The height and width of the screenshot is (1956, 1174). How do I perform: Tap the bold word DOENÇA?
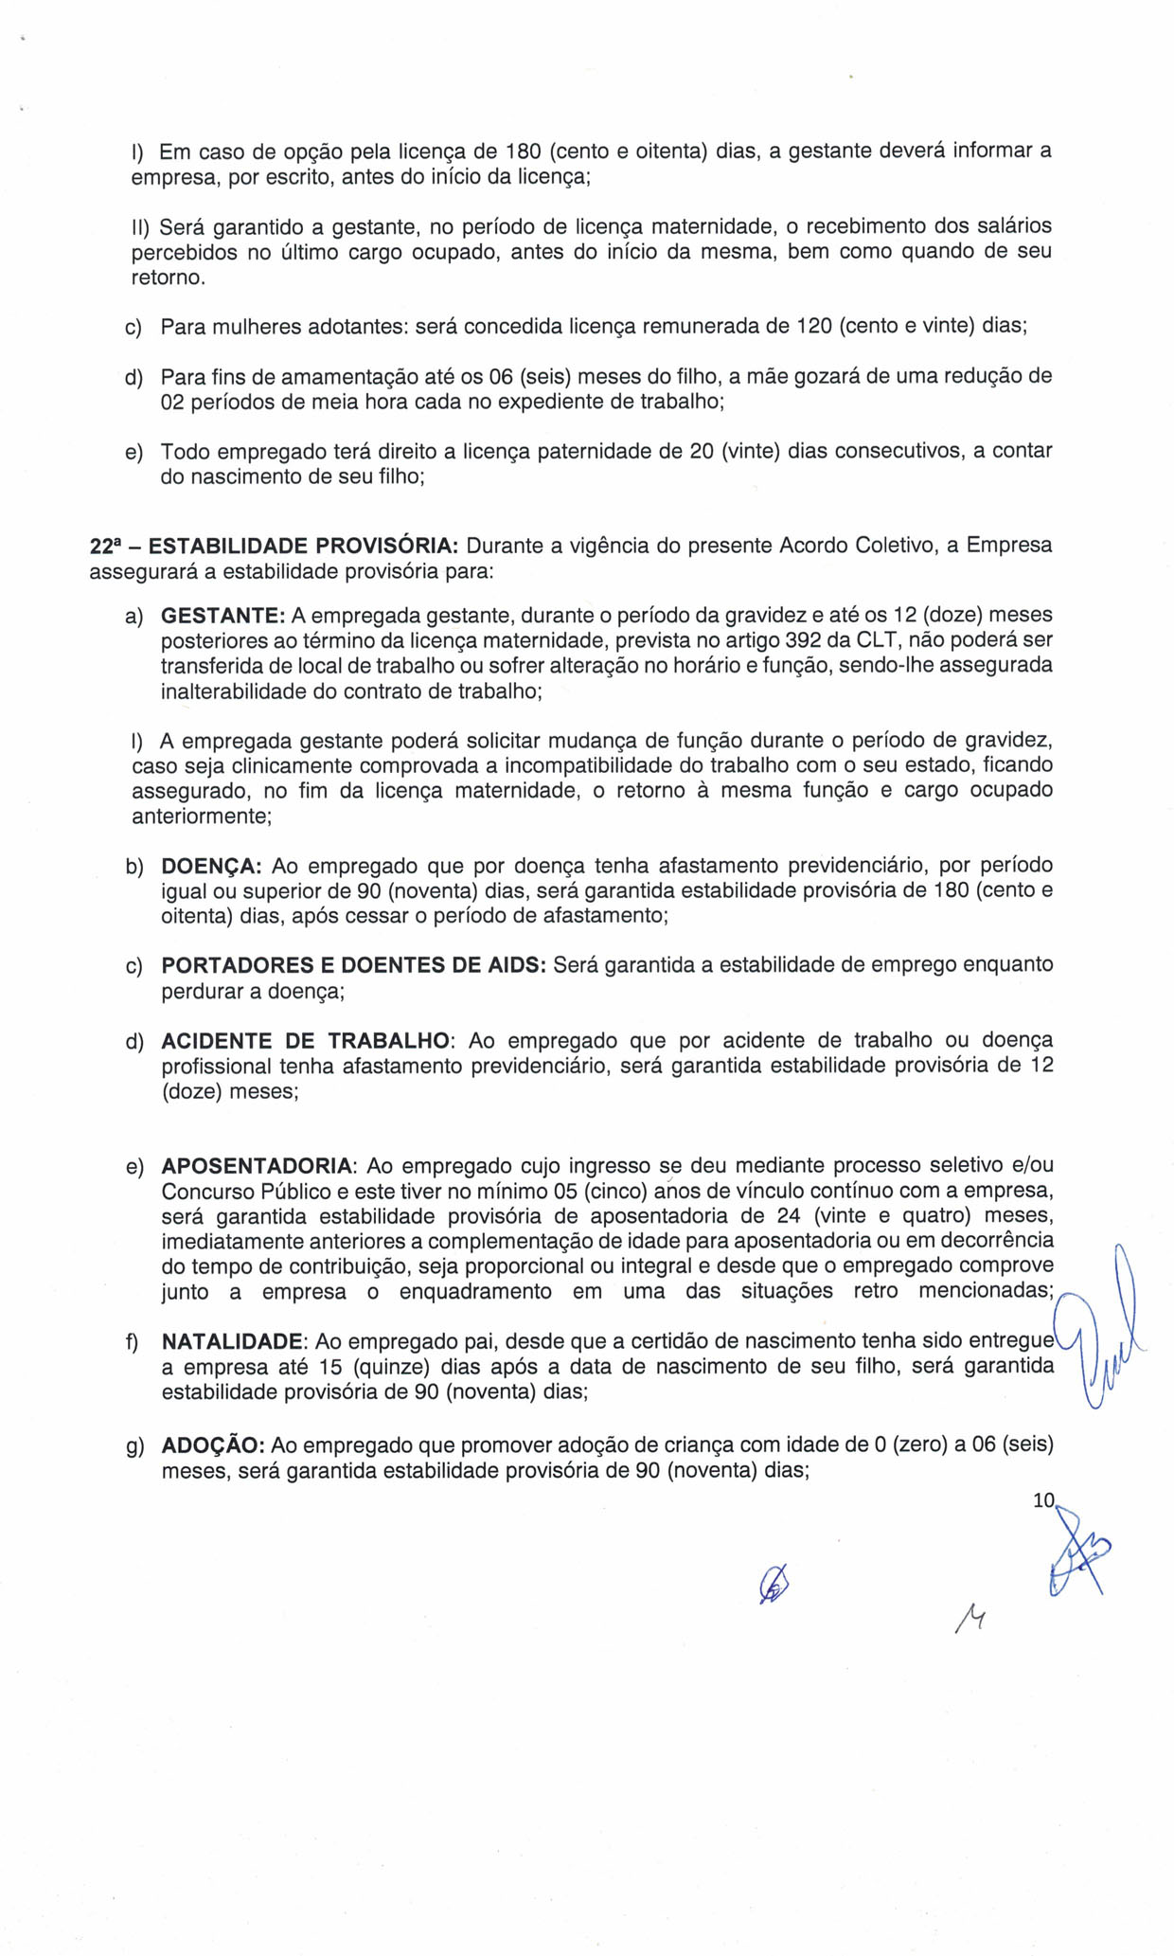coord(211,866)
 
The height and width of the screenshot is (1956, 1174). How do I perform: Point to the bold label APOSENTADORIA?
coord(258,1166)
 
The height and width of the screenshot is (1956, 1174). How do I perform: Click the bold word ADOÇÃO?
coord(211,1446)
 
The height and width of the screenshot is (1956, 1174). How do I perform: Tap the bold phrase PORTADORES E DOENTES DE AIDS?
coord(353,965)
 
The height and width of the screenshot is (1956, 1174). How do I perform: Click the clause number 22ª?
coord(106,547)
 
